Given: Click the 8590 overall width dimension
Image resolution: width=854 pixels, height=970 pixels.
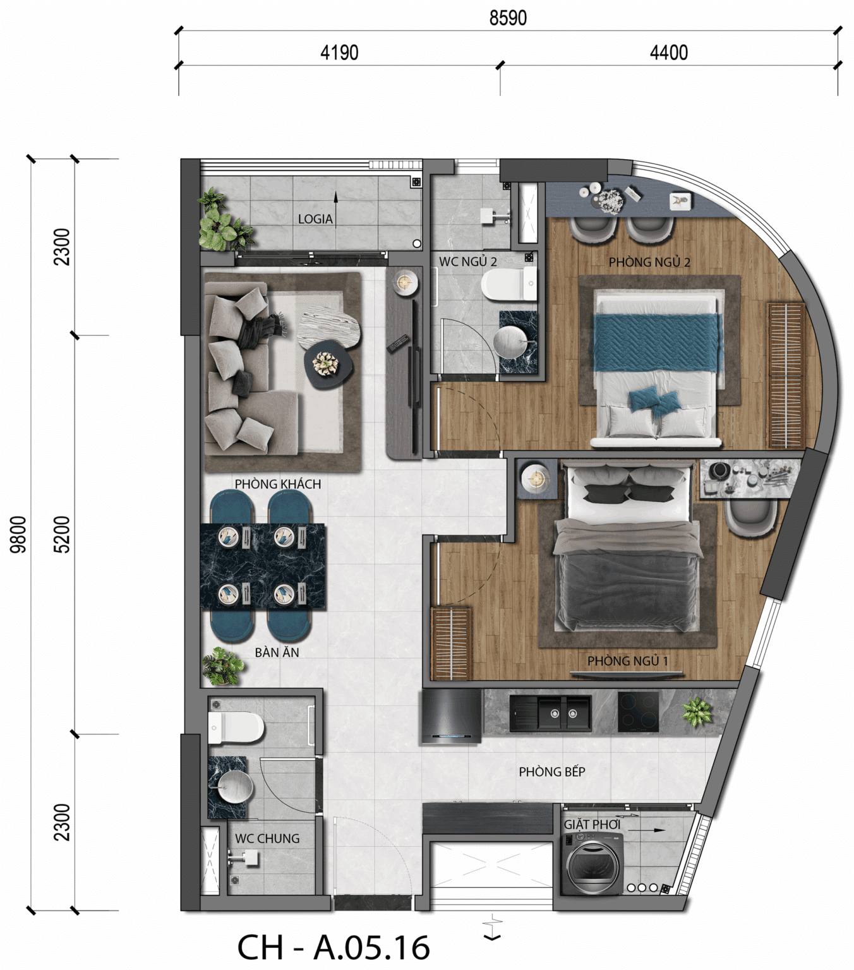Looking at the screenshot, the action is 508,18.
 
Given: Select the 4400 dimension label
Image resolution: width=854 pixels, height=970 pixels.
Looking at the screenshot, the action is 669,52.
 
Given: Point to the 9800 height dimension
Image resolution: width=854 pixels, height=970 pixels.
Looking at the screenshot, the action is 18,535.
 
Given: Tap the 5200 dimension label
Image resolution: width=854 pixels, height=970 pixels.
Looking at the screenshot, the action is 62,535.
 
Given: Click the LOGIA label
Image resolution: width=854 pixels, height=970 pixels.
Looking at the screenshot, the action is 315,219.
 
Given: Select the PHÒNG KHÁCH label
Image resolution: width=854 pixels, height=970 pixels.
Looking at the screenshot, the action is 278,484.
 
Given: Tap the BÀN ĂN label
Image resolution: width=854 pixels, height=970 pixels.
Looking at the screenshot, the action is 277,652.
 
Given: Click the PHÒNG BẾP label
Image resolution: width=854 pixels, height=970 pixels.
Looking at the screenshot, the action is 552,771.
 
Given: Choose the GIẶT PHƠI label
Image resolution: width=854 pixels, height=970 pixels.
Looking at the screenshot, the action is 592,824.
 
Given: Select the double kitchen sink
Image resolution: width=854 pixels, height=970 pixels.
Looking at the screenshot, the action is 550,714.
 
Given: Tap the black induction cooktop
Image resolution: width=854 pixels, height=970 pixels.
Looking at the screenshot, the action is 638,712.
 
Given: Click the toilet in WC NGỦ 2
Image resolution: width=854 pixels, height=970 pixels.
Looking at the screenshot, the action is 508,284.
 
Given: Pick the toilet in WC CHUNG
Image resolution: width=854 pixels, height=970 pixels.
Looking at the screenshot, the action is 236,727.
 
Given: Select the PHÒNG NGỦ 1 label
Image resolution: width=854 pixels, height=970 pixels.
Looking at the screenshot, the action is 627,661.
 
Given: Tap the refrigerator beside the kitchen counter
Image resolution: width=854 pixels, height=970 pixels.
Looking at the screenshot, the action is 451,716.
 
